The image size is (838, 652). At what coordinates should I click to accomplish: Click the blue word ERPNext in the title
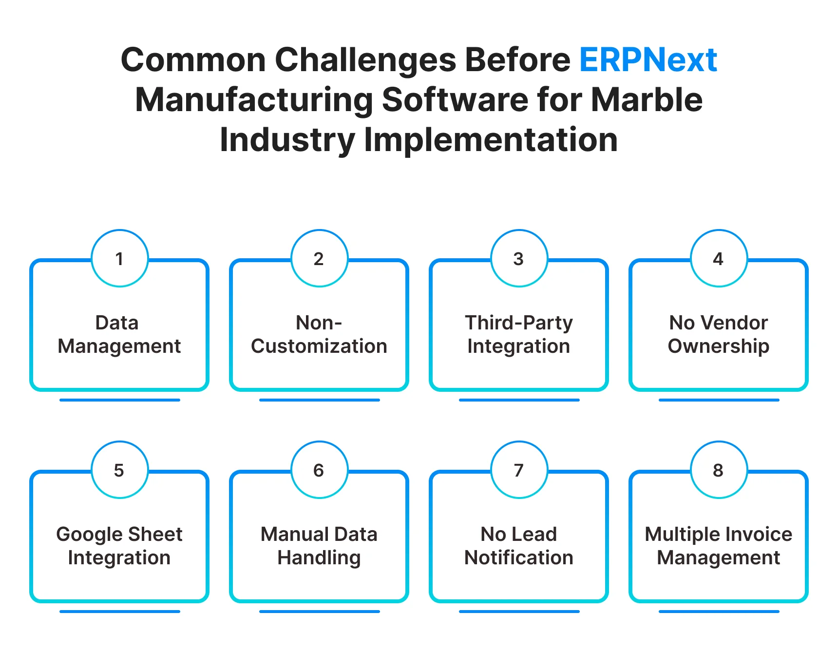click(x=648, y=60)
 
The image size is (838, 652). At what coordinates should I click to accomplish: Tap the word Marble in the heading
click(x=647, y=100)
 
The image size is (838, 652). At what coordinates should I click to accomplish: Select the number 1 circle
click(x=119, y=258)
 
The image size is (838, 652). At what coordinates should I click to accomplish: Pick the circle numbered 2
click(x=319, y=258)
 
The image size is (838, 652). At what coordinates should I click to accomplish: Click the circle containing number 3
click(x=519, y=258)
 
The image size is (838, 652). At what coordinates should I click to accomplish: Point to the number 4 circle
click(x=719, y=258)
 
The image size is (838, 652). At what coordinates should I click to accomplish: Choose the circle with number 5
click(x=119, y=470)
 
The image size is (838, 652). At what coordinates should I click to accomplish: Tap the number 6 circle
click(x=319, y=470)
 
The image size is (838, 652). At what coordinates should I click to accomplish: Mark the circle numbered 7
click(x=519, y=470)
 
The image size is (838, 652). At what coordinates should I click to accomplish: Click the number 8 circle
click(x=719, y=470)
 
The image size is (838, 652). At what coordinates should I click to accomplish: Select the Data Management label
click(x=119, y=334)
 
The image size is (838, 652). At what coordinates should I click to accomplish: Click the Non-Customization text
click(x=319, y=334)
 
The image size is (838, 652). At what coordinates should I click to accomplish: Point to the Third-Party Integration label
click(x=519, y=334)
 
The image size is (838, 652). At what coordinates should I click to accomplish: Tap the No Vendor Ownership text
click(x=719, y=334)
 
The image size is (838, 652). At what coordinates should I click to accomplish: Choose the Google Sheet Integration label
click(x=119, y=546)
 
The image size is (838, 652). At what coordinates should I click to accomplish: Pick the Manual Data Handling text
click(x=319, y=546)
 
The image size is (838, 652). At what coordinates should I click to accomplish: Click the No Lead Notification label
click(x=519, y=546)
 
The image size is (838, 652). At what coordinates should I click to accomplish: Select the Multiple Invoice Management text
click(x=719, y=546)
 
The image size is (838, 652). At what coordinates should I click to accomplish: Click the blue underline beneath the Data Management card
click(x=119, y=400)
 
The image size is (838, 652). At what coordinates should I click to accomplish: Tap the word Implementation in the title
click(x=491, y=140)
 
